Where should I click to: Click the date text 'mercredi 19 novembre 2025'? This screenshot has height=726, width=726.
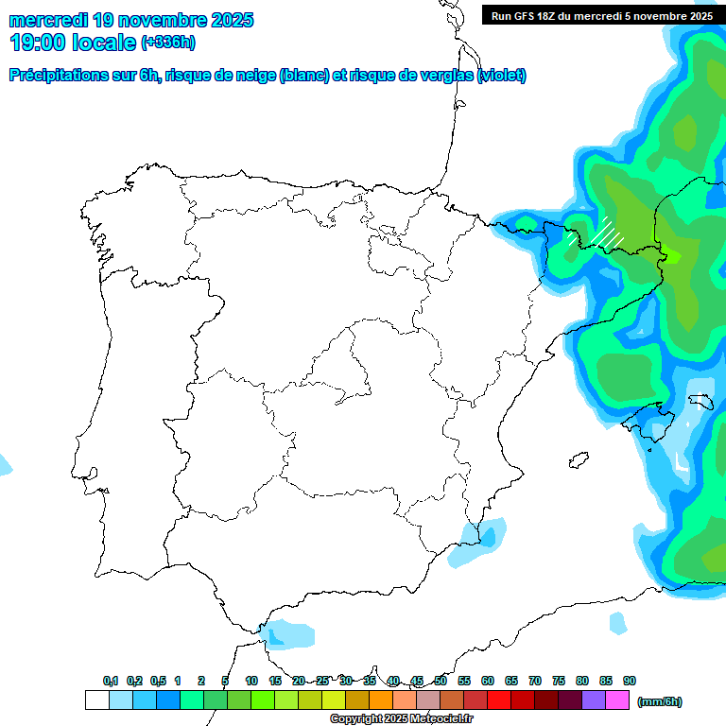[131, 20]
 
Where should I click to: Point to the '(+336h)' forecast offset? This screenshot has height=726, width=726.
[167, 43]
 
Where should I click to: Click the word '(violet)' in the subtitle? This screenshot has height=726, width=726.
[502, 76]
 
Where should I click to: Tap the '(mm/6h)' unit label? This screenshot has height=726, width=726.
[659, 701]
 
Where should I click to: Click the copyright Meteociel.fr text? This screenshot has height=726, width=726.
[402, 719]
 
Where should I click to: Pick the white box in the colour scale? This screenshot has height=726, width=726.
[96, 700]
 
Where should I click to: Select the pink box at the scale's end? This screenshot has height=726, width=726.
[617, 700]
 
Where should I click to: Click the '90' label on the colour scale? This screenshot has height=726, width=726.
[630, 681]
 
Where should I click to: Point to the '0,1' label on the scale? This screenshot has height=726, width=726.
[111, 681]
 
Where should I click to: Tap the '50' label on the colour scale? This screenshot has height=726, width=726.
[441, 681]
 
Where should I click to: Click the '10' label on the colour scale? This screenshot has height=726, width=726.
[251, 681]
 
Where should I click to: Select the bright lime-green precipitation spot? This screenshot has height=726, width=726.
[670, 252]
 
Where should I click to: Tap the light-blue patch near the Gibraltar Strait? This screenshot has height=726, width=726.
[288, 633]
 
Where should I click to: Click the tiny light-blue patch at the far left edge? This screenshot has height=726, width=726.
[5, 464]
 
